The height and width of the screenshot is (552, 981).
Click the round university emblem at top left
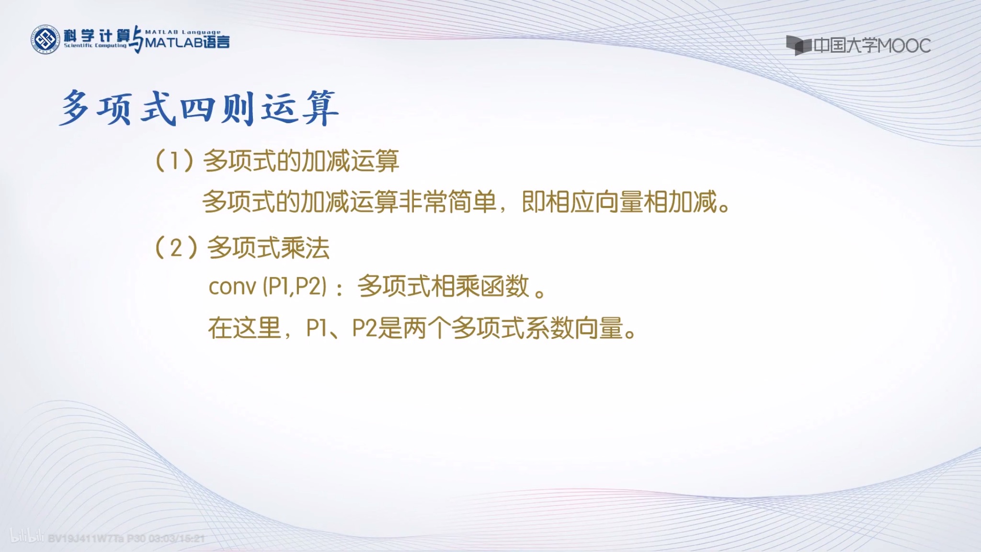point(45,39)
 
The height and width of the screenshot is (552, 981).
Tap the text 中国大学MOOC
point(872,46)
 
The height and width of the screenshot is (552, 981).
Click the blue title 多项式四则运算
point(199,108)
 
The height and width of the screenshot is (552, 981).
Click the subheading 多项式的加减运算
point(301,161)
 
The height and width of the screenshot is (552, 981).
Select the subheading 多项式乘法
point(268,248)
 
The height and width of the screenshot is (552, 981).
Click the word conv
point(232,287)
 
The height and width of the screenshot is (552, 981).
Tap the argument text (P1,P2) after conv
point(295,287)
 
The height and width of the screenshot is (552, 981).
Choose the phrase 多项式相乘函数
point(443,287)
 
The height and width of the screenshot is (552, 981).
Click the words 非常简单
point(447,202)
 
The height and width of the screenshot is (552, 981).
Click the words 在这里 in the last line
point(244,329)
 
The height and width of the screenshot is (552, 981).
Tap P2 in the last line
point(365,329)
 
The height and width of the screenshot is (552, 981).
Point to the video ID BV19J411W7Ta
point(86,539)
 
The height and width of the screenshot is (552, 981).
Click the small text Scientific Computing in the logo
point(95,46)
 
